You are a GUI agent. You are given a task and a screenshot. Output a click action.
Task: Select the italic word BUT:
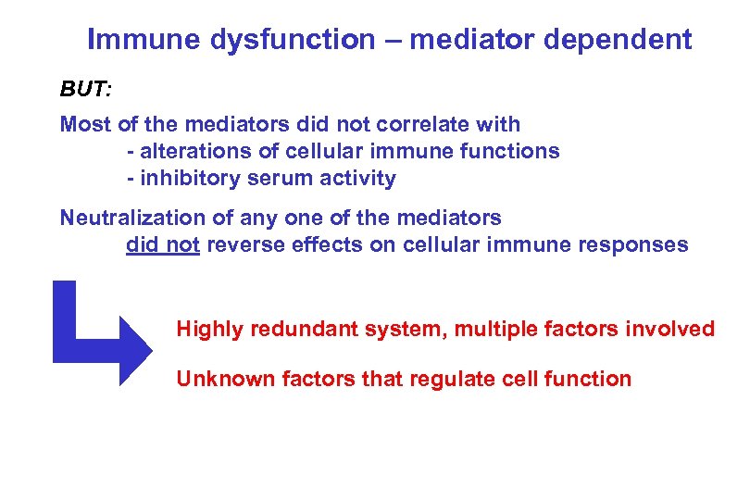click(86, 90)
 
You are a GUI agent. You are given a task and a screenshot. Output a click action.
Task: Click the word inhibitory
click(186, 179)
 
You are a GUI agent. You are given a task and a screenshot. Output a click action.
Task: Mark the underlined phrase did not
click(163, 245)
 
